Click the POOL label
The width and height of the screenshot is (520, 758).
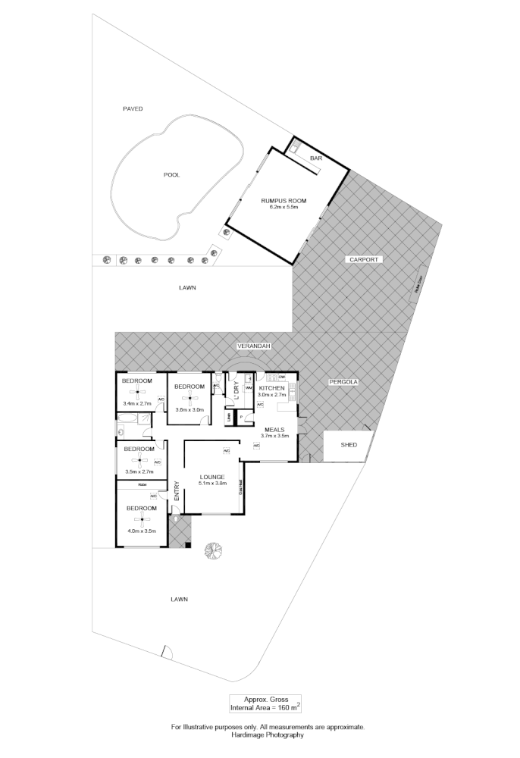pyautogui.click(x=172, y=175)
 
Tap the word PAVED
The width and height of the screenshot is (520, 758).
pyautogui.click(x=133, y=109)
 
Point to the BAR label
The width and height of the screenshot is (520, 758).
pyautogui.click(x=316, y=158)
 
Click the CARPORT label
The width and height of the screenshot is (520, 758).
pyautogui.click(x=363, y=260)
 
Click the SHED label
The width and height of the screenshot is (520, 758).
pyautogui.click(x=348, y=445)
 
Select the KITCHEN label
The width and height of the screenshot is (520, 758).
pyautogui.click(x=271, y=387)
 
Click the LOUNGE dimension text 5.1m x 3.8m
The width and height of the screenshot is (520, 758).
pyautogui.click(x=212, y=484)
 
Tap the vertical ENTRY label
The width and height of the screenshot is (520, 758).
pyautogui.click(x=177, y=491)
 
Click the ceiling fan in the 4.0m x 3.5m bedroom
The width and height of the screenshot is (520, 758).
pyautogui.click(x=139, y=519)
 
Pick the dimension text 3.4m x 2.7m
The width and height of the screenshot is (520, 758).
pyautogui.click(x=137, y=404)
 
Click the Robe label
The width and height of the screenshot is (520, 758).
pyautogui.click(x=141, y=484)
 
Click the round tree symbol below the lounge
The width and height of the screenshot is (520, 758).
pyautogui.click(x=214, y=551)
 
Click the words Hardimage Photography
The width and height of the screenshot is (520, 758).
pyautogui.click(x=268, y=735)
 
